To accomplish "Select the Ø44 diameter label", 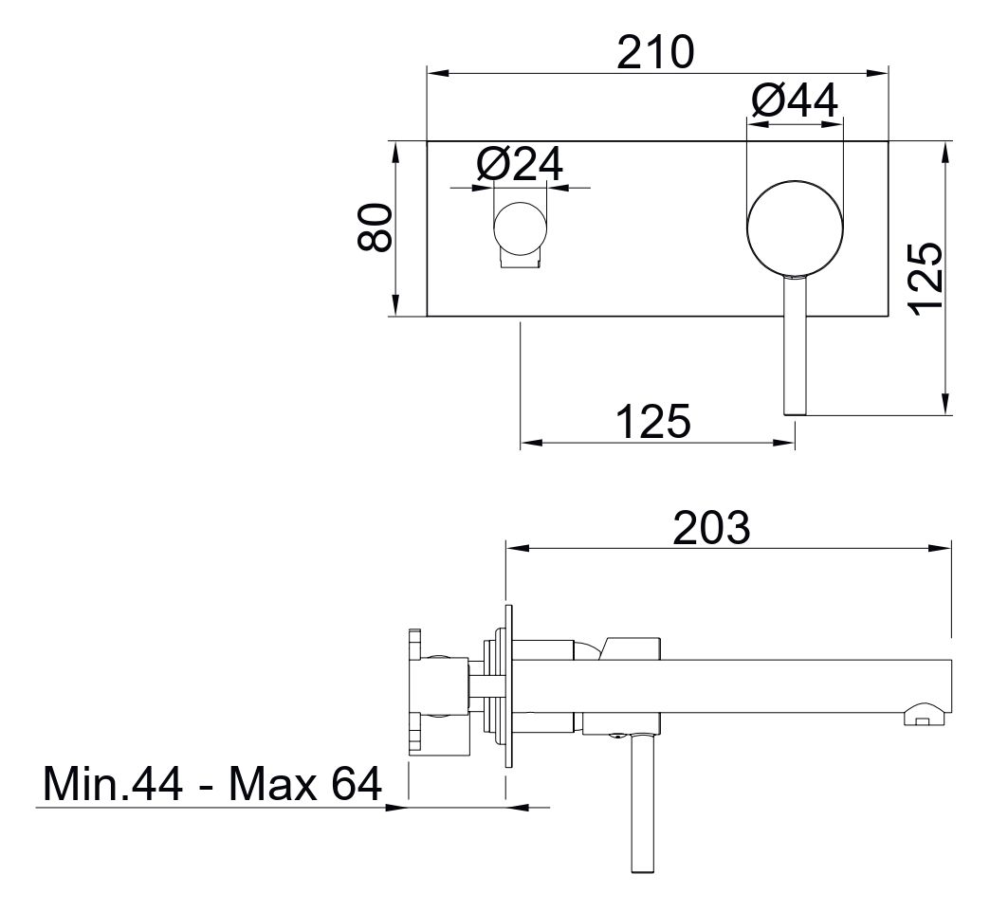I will pyautogui.click(x=795, y=100).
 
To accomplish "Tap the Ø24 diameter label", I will pyautogui.click(x=520, y=164).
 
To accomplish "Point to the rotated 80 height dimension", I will pyautogui.click(x=376, y=228).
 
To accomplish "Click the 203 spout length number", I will pyautogui.click(x=711, y=528).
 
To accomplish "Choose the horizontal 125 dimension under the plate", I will pyautogui.click(x=653, y=421).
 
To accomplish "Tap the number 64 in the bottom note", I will pyautogui.click(x=351, y=784).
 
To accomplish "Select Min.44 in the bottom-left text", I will pyautogui.click(x=111, y=784).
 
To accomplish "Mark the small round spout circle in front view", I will pyautogui.click(x=519, y=229).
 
